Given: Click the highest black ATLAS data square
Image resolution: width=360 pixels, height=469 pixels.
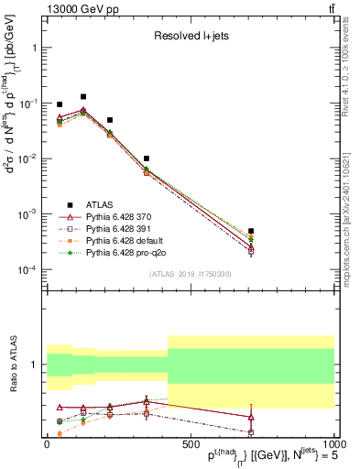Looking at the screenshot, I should (x=83, y=96).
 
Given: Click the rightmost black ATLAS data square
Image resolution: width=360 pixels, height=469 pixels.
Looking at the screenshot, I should (x=251, y=231).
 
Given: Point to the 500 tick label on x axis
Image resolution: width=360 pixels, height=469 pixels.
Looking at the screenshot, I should (x=190, y=443).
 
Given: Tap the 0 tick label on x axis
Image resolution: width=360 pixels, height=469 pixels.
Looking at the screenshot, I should (x=47, y=443).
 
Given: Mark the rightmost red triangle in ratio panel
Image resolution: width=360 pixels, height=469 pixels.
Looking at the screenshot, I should (x=251, y=418).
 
